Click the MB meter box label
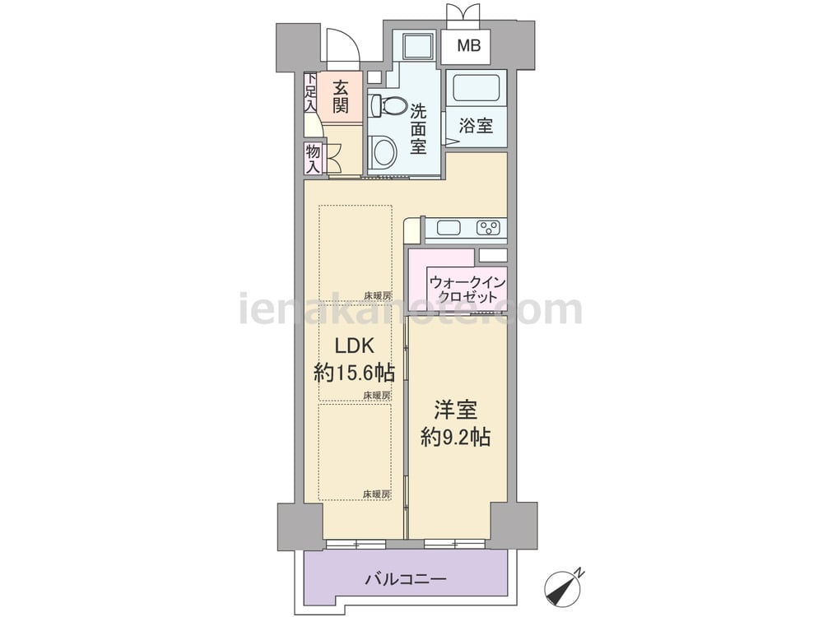click(467, 46)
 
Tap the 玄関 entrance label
click(341, 95)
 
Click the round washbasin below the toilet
click(384, 151)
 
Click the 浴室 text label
click(476, 127)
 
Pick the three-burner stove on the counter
click(488, 228)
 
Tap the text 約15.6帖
click(354, 373)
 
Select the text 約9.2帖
click(456, 437)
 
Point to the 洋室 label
click(456, 409)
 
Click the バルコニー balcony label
click(405, 580)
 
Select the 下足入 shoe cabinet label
click(310, 92)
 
